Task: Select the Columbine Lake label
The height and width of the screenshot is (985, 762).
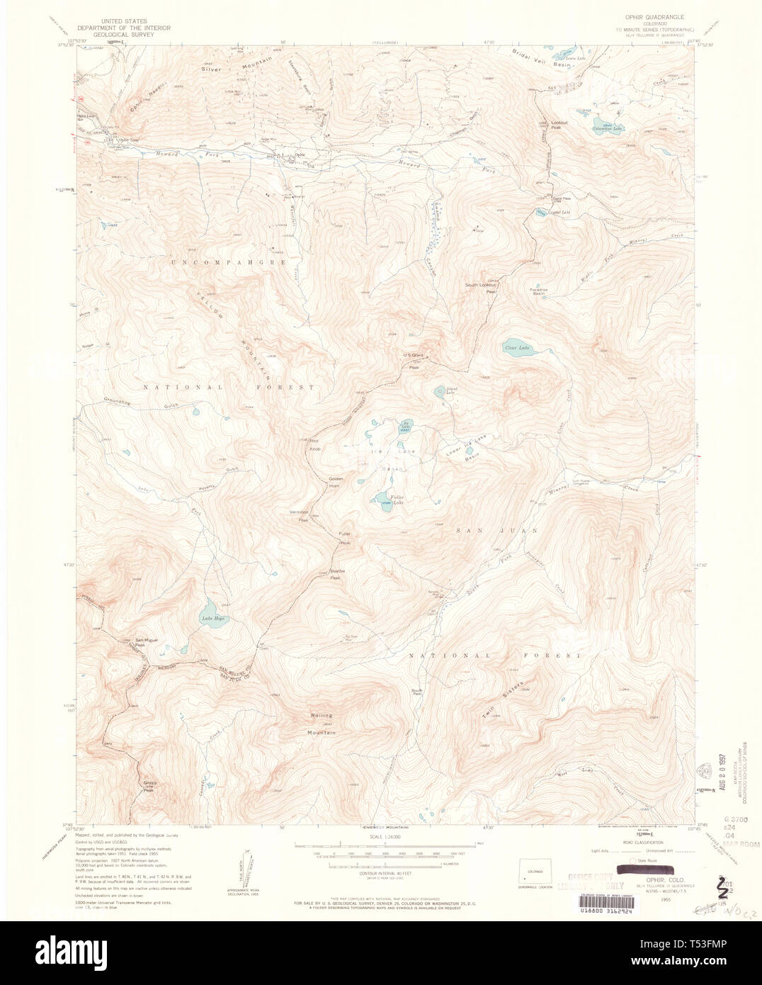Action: point(608,127)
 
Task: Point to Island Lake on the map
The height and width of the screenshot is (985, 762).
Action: point(440,391)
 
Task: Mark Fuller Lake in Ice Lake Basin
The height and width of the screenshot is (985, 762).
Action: point(382,500)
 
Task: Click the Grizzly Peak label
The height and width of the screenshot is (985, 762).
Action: point(148,785)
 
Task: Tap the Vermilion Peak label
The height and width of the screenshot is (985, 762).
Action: point(299,514)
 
